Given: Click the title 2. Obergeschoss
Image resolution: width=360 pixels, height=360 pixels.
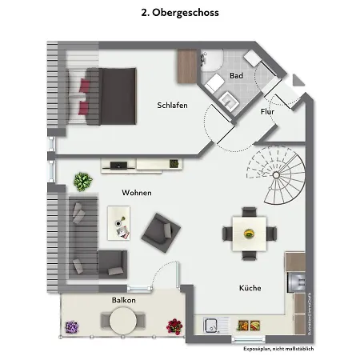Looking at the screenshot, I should point(179,13).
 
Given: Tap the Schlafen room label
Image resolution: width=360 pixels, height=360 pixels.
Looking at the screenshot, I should point(172,106).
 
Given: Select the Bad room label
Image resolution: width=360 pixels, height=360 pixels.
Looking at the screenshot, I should point(235,76).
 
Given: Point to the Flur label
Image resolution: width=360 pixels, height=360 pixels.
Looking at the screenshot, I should point(267,111).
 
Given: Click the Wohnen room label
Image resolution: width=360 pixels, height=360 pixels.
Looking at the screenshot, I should point(137,193).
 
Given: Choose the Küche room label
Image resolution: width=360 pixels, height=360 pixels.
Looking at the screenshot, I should point(250,288).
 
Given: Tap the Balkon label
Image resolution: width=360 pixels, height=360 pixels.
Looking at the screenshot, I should point(123,300).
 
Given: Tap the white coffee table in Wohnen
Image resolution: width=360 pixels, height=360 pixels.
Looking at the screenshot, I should point(118,221).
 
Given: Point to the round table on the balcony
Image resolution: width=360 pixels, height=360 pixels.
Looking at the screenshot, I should point(123,322).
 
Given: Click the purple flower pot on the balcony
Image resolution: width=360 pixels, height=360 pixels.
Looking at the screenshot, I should point(71,326).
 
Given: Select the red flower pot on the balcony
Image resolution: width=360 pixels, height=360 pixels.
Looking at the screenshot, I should point(174,326).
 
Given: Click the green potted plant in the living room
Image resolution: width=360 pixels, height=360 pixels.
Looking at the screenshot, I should point(82,182).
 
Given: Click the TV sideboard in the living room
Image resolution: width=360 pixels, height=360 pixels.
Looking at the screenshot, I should point(141,165).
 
